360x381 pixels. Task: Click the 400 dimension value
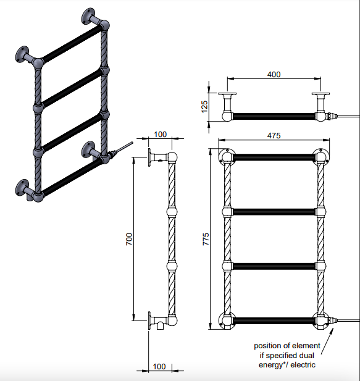coord(274,74)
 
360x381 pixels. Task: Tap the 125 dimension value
coord(204,107)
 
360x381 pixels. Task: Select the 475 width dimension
coord(274,135)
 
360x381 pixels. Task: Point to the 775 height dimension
coord(206,239)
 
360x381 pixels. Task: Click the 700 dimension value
coord(129,239)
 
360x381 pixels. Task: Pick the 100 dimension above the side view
coord(161,135)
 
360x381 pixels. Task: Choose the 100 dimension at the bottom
coord(159,366)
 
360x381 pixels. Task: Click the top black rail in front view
coord(274,157)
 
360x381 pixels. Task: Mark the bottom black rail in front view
coord(274,320)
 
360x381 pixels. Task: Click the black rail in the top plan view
coord(274,116)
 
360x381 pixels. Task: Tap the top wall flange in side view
coord(149,157)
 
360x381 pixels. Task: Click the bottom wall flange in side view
coord(149,320)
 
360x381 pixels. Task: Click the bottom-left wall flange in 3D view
coord(22,187)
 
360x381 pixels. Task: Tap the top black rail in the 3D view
coord(72,44)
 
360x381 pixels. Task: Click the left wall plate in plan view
coord(227,93)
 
